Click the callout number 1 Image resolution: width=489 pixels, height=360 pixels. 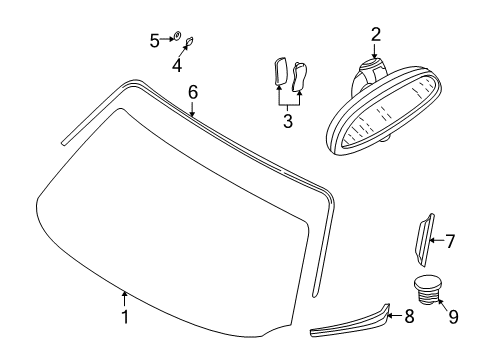click(125, 318)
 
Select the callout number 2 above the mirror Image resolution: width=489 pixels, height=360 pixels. click(376, 35)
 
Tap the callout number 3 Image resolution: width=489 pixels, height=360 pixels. click(287, 123)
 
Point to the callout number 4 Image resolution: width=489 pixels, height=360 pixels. click(177, 66)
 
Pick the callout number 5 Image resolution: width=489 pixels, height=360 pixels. click(155, 40)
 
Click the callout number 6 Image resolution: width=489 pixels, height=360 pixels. click(193, 92)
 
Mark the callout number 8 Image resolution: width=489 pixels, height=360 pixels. click(408, 316)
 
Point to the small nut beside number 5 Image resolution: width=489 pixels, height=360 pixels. click(176, 38)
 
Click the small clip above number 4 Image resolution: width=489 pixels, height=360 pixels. click(190, 43)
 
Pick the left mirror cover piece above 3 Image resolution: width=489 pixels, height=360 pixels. click(280, 72)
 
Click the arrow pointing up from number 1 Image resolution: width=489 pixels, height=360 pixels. click(125, 297)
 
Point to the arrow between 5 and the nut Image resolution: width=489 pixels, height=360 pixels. click(166, 40)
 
